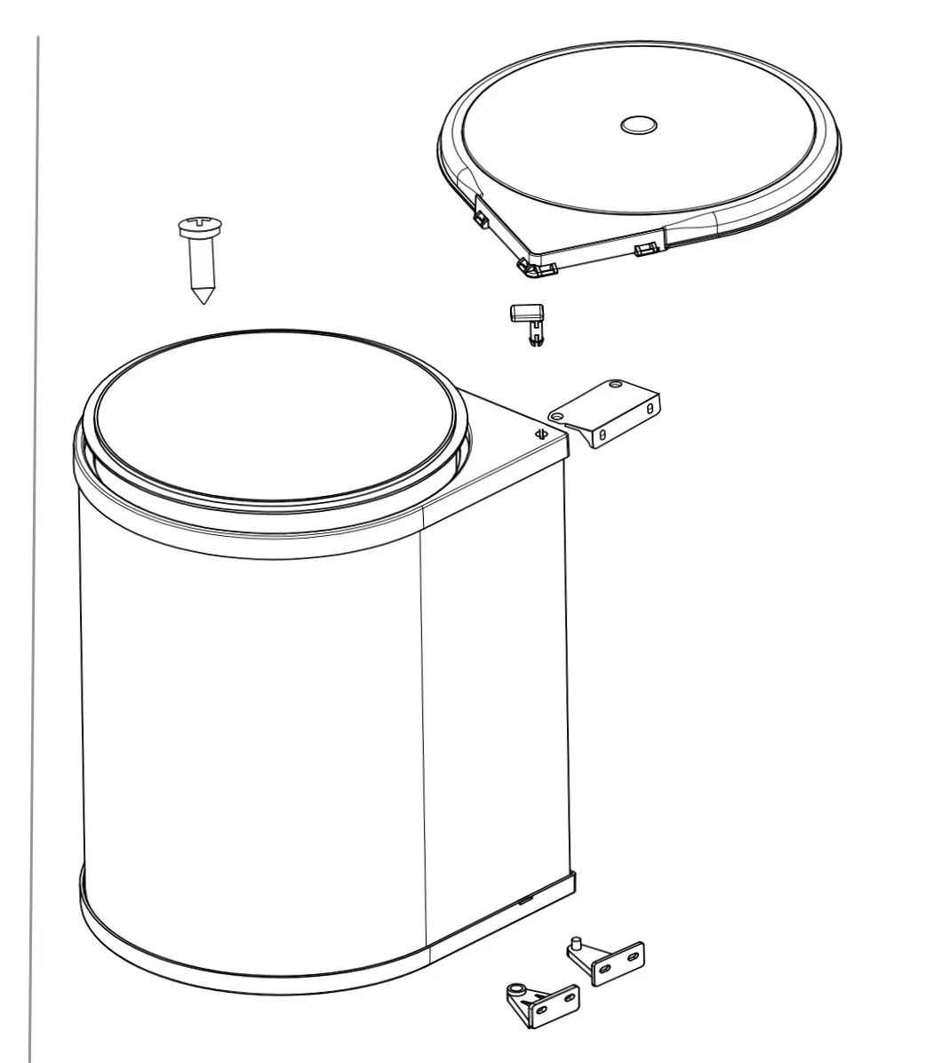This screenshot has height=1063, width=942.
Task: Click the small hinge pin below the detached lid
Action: point(531,324)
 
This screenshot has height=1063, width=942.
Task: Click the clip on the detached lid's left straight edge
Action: point(481,215)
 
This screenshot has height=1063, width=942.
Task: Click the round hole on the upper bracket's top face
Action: point(613,386)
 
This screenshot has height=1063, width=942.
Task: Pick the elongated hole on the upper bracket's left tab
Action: point(557,414)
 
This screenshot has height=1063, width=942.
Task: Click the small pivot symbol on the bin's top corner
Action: point(539,434)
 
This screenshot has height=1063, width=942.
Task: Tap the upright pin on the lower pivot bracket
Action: point(577,941)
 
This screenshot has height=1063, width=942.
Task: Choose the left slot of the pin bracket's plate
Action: point(608,965)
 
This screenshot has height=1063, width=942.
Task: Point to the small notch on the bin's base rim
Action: point(525,899)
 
